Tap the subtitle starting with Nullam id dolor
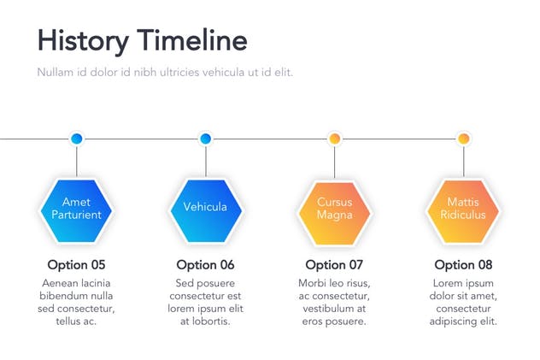click(x=165, y=72)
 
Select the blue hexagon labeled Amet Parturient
click(x=76, y=209)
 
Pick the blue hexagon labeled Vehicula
click(x=205, y=209)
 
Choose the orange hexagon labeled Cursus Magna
click(x=334, y=209)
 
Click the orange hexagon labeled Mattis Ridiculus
click(x=463, y=209)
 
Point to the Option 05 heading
click(x=76, y=264)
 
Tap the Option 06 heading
click(x=205, y=264)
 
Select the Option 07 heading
click(x=334, y=264)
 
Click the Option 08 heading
click(x=463, y=264)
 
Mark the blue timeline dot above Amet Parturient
click(x=76, y=138)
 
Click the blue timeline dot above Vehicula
click(x=205, y=138)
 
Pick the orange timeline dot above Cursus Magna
click(x=334, y=138)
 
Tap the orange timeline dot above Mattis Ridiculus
click(x=463, y=138)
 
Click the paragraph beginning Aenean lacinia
click(x=76, y=302)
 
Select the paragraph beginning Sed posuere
click(x=205, y=302)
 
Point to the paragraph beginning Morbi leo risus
click(x=334, y=302)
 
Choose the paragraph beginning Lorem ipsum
click(x=463, y=302)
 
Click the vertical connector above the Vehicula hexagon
click(x=205, y=161)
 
